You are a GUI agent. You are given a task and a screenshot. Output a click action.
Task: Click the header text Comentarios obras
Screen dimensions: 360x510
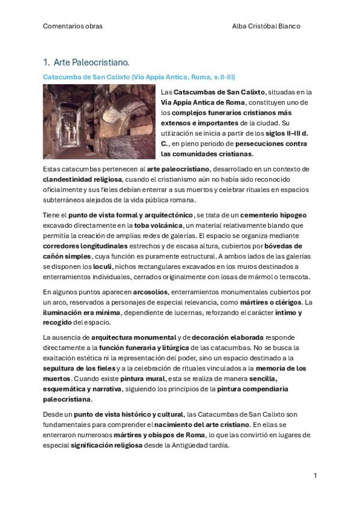tap(73, 26)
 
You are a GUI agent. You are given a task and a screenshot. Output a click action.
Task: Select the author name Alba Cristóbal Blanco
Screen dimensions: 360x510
tap(266, 26)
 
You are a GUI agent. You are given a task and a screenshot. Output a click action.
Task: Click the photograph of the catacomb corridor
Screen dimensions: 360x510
tap(99, 121)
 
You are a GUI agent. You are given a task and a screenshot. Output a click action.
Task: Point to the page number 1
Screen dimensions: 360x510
tap(315, 476)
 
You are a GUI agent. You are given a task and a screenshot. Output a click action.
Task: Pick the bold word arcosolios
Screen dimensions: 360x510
tap(150, 291)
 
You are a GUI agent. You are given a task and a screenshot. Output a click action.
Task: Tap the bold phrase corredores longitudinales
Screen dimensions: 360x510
tap(85, 246)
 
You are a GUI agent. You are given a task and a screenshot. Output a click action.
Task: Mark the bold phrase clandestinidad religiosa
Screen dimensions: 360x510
tap(84, 179)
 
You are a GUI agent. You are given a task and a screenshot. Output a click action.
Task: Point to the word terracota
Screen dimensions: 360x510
tap(291, 277)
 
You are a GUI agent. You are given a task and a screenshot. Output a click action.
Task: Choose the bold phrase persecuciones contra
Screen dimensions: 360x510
tap(271, 144)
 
